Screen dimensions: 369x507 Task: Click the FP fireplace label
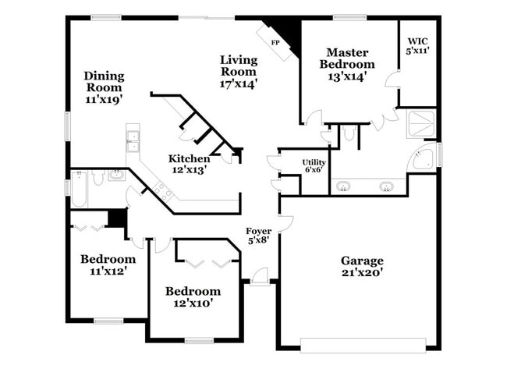(275, 42)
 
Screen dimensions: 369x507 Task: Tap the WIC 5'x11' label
(417, 44)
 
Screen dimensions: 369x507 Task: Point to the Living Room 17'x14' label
(239, 71)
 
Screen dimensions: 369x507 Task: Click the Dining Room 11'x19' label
(104, 87)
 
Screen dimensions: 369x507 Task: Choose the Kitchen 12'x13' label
(189, 164)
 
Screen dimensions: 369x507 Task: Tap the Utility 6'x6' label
(314, 166)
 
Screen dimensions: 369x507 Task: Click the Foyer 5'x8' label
(259, 236)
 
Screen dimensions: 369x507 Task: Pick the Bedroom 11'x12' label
(108, 265)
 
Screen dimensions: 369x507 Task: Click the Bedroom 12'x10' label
(190, 296)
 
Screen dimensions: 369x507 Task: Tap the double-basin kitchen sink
(133, 141)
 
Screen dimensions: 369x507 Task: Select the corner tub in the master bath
(422, 158)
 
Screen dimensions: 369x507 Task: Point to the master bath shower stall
(421, 125)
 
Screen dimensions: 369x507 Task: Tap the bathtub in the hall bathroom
(80, 188)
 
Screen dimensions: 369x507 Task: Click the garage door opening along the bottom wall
(363, 341)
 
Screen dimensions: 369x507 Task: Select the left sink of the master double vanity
(344, 186)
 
